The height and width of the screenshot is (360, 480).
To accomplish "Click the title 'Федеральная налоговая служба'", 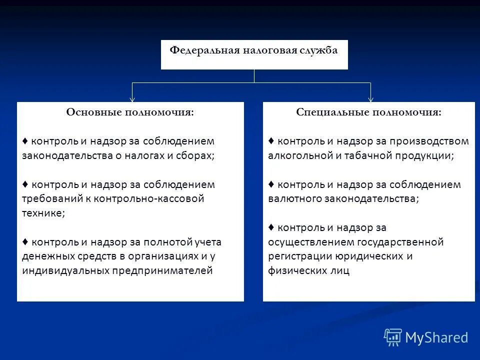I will coord(254,50).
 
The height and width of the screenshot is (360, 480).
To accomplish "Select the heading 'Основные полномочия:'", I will coord(130,112).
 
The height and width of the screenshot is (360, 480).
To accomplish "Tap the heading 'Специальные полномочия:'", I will coord(368,112).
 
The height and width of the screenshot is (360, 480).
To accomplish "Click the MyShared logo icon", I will coord(393,337).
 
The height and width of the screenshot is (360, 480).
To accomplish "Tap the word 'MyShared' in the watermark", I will coord(436,338).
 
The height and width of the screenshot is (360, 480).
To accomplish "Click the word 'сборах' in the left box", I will coord(196,155).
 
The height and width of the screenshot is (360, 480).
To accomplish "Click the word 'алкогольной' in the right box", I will coord(298,155).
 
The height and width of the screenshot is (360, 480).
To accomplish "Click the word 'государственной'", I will coord(399,242).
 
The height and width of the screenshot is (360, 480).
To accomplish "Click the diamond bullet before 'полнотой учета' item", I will coord(25,241).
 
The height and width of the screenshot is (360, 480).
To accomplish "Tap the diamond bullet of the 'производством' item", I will coord(271,140).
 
